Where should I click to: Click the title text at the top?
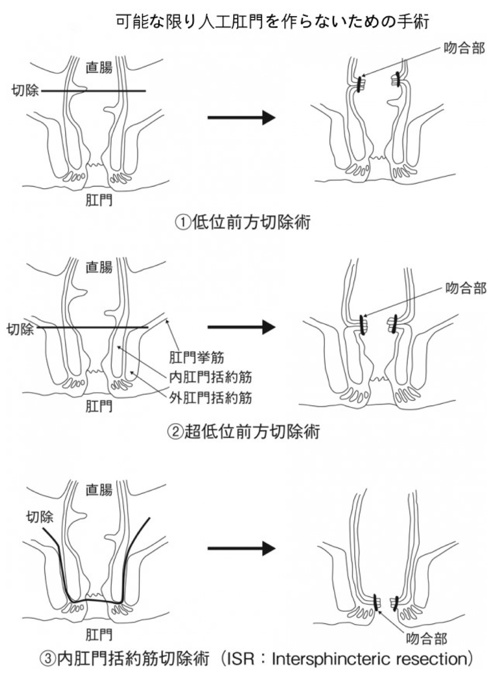272,21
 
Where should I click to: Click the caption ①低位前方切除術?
243,221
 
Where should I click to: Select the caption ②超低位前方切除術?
243,431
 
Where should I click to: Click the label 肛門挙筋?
196,357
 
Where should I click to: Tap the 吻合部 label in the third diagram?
426,639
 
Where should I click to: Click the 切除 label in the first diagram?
25,91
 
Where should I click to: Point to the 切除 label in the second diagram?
20,330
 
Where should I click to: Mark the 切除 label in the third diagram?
40,517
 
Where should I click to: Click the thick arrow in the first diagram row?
242,118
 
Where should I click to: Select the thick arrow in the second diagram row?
242,327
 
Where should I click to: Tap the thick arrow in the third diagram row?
242,549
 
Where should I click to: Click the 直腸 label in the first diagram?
99,68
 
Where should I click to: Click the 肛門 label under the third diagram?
99,634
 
